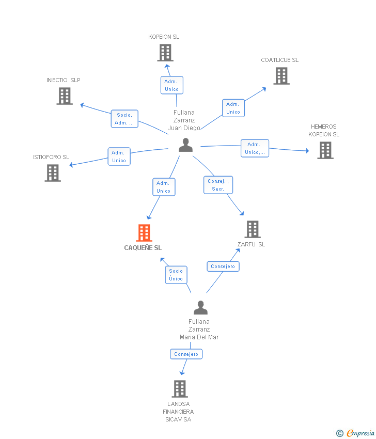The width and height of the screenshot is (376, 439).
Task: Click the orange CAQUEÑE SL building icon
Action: tap(144, 233)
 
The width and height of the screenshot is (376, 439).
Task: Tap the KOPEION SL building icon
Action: tap(165, 53)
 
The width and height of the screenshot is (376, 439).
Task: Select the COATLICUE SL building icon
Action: tap(281, 76)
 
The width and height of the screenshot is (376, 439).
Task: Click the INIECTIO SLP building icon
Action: tap(65, 96)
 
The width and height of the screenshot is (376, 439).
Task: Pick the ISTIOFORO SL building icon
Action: tap(53, 173)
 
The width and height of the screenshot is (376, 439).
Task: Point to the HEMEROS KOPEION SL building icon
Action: tap(325, 150)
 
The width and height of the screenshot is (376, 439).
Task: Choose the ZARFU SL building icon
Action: tap(252, 229)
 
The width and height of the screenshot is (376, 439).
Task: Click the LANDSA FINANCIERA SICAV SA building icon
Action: tap(179, 389)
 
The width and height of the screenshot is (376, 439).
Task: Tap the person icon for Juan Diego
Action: tap(185, 145)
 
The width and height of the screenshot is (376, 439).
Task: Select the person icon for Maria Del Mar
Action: tap(200, 308)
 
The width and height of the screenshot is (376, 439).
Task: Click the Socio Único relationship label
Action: tap(176, 275)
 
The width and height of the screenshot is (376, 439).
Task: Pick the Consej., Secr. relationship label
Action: tap(218, 185)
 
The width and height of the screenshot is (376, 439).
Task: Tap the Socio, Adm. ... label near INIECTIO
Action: tap(124, 119)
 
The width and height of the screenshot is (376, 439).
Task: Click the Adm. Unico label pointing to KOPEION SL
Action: tap(171, 85)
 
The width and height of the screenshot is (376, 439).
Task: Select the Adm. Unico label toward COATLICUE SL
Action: tap(233, 108)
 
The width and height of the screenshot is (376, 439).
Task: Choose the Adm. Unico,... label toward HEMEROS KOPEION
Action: tap(255, 148)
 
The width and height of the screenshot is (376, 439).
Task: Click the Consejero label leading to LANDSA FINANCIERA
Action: tap(186, 354)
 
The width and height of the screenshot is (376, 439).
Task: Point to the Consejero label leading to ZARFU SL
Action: tap(223, 266)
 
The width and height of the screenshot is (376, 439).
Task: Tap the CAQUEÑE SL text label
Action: tap(143, 248)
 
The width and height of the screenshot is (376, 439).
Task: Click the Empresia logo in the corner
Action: tap(356, 433)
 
